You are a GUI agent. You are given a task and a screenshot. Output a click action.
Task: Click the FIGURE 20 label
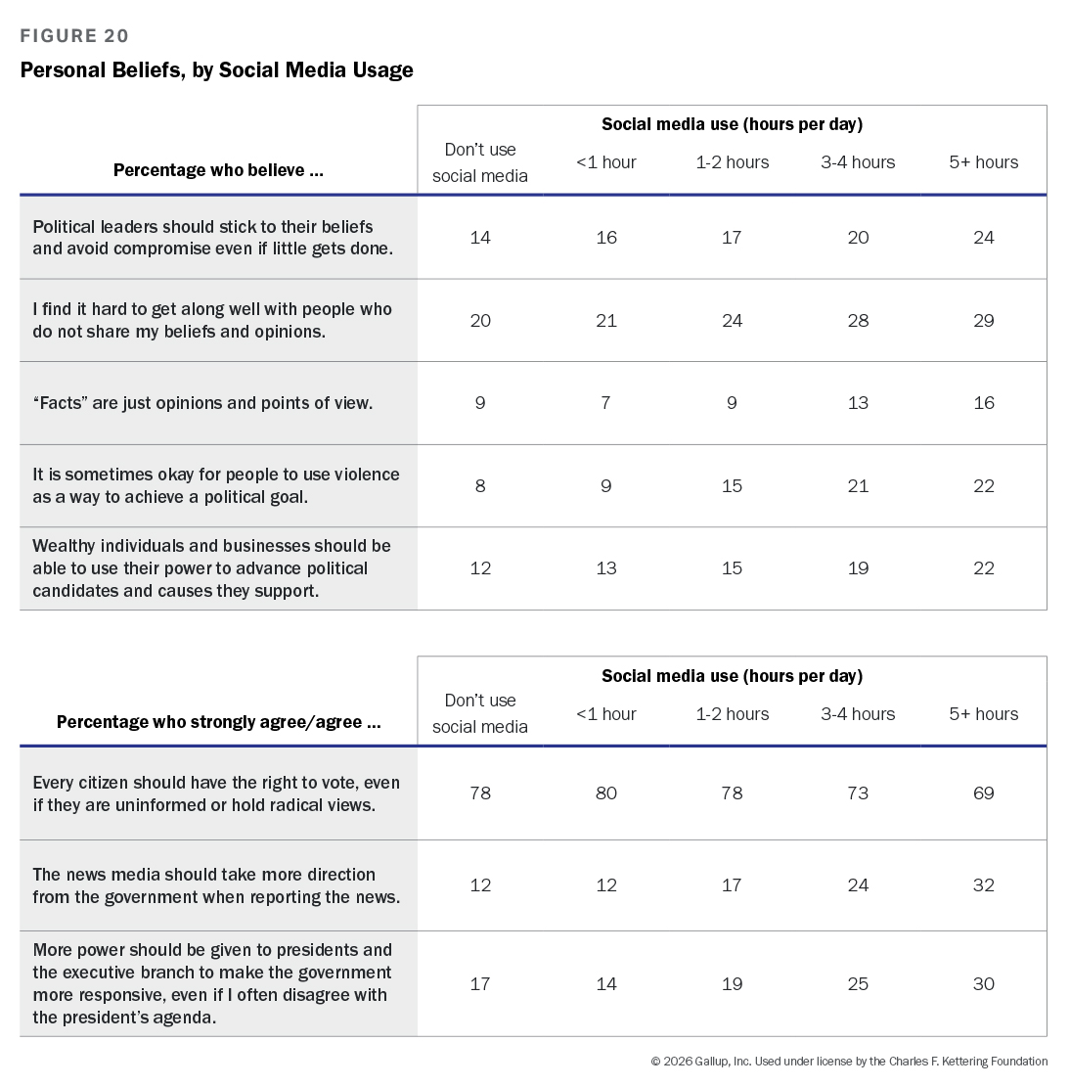coord(74,36)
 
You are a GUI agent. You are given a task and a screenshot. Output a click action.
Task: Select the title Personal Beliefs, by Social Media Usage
coord(216,70)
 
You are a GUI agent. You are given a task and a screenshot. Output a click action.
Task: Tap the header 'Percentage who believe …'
coord(218,170)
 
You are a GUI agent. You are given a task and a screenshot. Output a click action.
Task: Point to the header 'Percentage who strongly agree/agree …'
coord(218,722)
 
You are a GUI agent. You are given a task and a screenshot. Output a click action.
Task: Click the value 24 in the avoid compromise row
coord(983,238)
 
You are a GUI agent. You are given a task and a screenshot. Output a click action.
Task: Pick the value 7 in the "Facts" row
coord(605,403)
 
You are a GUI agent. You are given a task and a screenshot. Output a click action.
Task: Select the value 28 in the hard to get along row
coord(858,321)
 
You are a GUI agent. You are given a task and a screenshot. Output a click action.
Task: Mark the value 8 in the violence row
coord(480,486)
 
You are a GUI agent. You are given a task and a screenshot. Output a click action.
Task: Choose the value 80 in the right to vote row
coord(606,793)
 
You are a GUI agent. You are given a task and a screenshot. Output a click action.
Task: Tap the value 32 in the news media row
coord(983,885)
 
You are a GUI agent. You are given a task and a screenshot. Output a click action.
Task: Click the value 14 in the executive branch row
coord(606,984)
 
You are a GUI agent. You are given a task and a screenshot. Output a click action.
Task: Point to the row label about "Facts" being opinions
coord(202,403)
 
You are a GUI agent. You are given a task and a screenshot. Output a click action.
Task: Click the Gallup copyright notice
coord(849,1062)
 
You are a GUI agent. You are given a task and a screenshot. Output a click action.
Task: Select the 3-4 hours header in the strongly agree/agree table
coord(858,714)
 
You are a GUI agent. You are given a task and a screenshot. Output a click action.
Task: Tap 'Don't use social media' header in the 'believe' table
coord(480,162)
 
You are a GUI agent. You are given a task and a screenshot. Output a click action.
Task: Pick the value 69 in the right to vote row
coord(983,793)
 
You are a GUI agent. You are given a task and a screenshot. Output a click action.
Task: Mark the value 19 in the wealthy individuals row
coord(858,568)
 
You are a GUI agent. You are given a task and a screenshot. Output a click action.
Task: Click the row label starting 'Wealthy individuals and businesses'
coord(211,568)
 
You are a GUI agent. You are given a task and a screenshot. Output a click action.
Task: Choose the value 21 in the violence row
coord(858,486)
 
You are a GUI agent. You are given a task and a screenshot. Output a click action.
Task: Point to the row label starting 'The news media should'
coord(216,885)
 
